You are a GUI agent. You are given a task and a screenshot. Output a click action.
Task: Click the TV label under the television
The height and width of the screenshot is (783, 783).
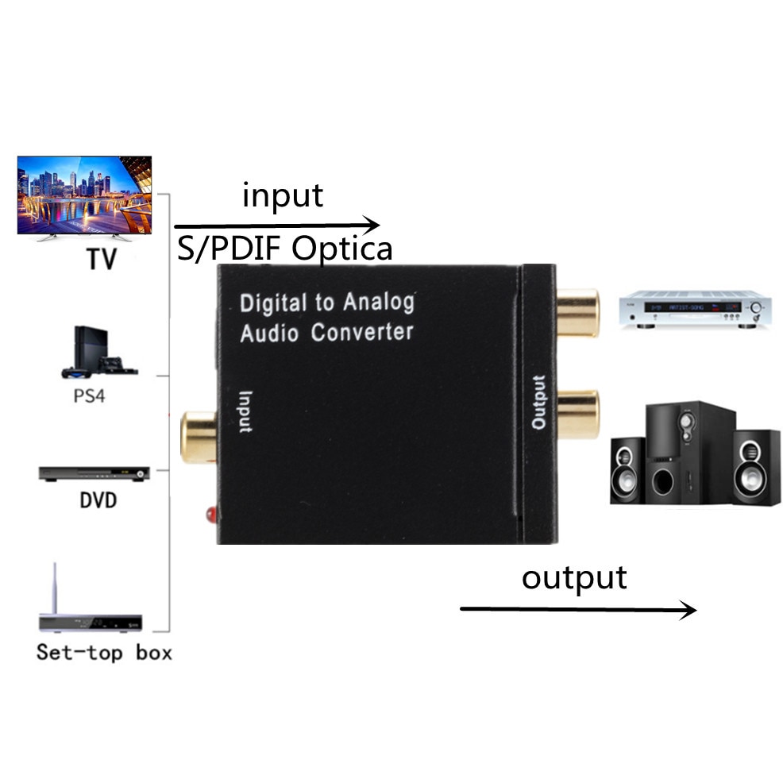tap(100, 259)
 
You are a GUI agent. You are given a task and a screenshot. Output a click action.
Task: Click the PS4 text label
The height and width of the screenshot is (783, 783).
tap(89, 395)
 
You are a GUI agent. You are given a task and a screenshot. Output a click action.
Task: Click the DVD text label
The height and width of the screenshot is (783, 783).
tap(98, 500)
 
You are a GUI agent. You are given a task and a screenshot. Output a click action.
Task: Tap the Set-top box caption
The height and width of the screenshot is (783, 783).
tap(104, 653)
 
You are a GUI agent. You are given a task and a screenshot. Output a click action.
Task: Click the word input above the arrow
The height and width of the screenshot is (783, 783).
tap(283, 195)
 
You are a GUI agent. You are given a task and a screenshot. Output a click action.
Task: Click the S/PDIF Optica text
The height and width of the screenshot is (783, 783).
tap(283, 249)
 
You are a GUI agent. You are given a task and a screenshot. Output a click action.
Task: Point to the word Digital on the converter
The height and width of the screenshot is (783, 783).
tap(272, 303)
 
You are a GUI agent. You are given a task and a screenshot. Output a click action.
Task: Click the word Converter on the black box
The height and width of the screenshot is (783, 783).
tap(362, 331)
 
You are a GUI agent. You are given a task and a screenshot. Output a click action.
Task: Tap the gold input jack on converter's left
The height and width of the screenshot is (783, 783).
tap(199, 436)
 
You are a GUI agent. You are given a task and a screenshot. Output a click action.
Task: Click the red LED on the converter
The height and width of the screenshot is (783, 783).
tap(210, 514)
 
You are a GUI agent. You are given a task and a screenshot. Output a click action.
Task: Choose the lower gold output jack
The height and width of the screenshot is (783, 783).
tap(577, 414)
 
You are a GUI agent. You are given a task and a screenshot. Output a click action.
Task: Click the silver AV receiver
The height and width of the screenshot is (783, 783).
tap(696, 309)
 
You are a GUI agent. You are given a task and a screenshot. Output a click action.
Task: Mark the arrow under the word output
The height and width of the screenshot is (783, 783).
tap(577, 609)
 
